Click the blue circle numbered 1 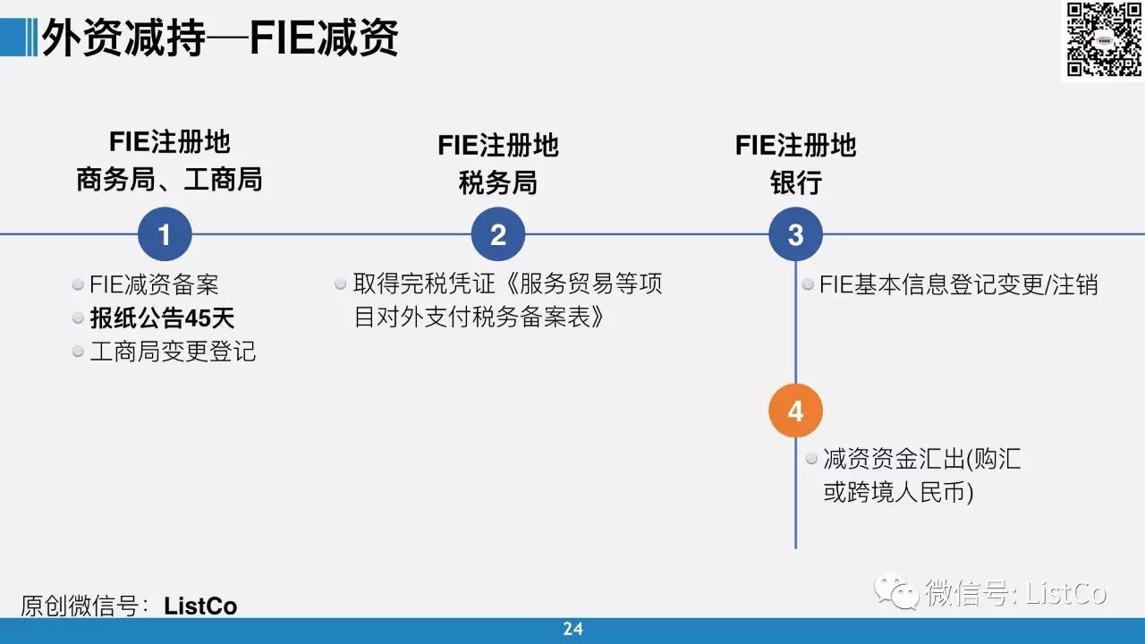tap(165, 235)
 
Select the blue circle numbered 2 tap(498, 235)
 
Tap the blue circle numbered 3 tap(795, 235)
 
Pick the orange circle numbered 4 tap(795, 411)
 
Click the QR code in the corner tap(1103, 39)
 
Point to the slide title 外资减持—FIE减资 tap(220, 39)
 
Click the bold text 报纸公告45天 tap(162, 318)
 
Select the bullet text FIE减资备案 tap(154, 285)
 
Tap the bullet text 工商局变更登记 tap(173, 352)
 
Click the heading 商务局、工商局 tap(169, 180)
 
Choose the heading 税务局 tap(497, 183)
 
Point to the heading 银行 tap(795, 183)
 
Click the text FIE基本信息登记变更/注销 tap(958, 285)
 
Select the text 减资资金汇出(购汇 tap(921, 460)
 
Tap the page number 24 tap(572, 630)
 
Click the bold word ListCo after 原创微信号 tap(200, 606)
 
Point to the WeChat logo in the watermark tap(896, 592)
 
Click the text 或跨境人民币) tap(898, 493)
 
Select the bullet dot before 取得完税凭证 tap(341, 284)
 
